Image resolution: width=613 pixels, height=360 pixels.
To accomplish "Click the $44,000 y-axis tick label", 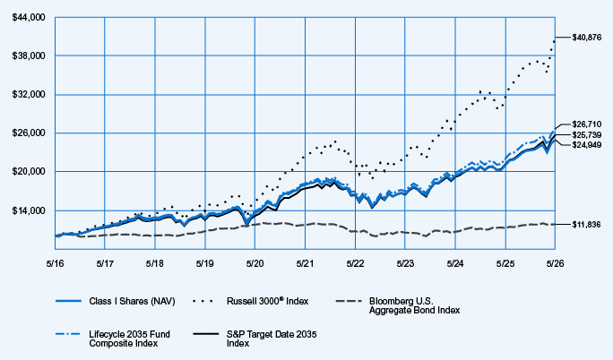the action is [x=29, y=18].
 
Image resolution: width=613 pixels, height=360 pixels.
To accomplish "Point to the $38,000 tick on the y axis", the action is [x=29, y=56].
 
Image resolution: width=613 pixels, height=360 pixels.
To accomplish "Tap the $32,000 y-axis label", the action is [x=29, y=95].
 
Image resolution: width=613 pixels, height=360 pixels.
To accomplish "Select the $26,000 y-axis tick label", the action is [x=29, y=133].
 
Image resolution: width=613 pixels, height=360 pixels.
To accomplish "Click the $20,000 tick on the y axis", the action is [x=29, y=171].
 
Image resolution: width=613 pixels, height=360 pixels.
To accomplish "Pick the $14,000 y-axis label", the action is [x=29, y=210].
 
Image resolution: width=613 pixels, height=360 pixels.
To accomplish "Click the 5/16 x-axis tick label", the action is [x=56, y=263].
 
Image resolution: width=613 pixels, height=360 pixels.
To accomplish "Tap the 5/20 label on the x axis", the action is [x=255, y=263].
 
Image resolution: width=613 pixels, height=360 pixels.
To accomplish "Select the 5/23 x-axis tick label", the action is [x=405, y=263].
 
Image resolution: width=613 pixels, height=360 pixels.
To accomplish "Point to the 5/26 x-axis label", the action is [x=555, y=263].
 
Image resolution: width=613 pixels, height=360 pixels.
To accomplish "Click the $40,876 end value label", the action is [x=587, y=38].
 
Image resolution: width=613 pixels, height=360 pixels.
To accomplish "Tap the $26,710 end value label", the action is [x=587, y=124].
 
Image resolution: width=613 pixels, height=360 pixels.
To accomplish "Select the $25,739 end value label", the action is [x=587, y=134].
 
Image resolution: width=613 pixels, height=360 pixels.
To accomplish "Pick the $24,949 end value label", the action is [x=587, y=145].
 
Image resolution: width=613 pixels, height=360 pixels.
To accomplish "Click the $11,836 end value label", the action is [x=586, y=225].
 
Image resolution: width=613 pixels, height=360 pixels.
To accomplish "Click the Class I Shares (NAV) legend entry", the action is [x=116, y=301].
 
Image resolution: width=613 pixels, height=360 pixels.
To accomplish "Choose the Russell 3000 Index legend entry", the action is [x=251, y=301].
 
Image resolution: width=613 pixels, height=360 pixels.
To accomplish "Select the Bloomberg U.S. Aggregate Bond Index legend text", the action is [x=414, y=305].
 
